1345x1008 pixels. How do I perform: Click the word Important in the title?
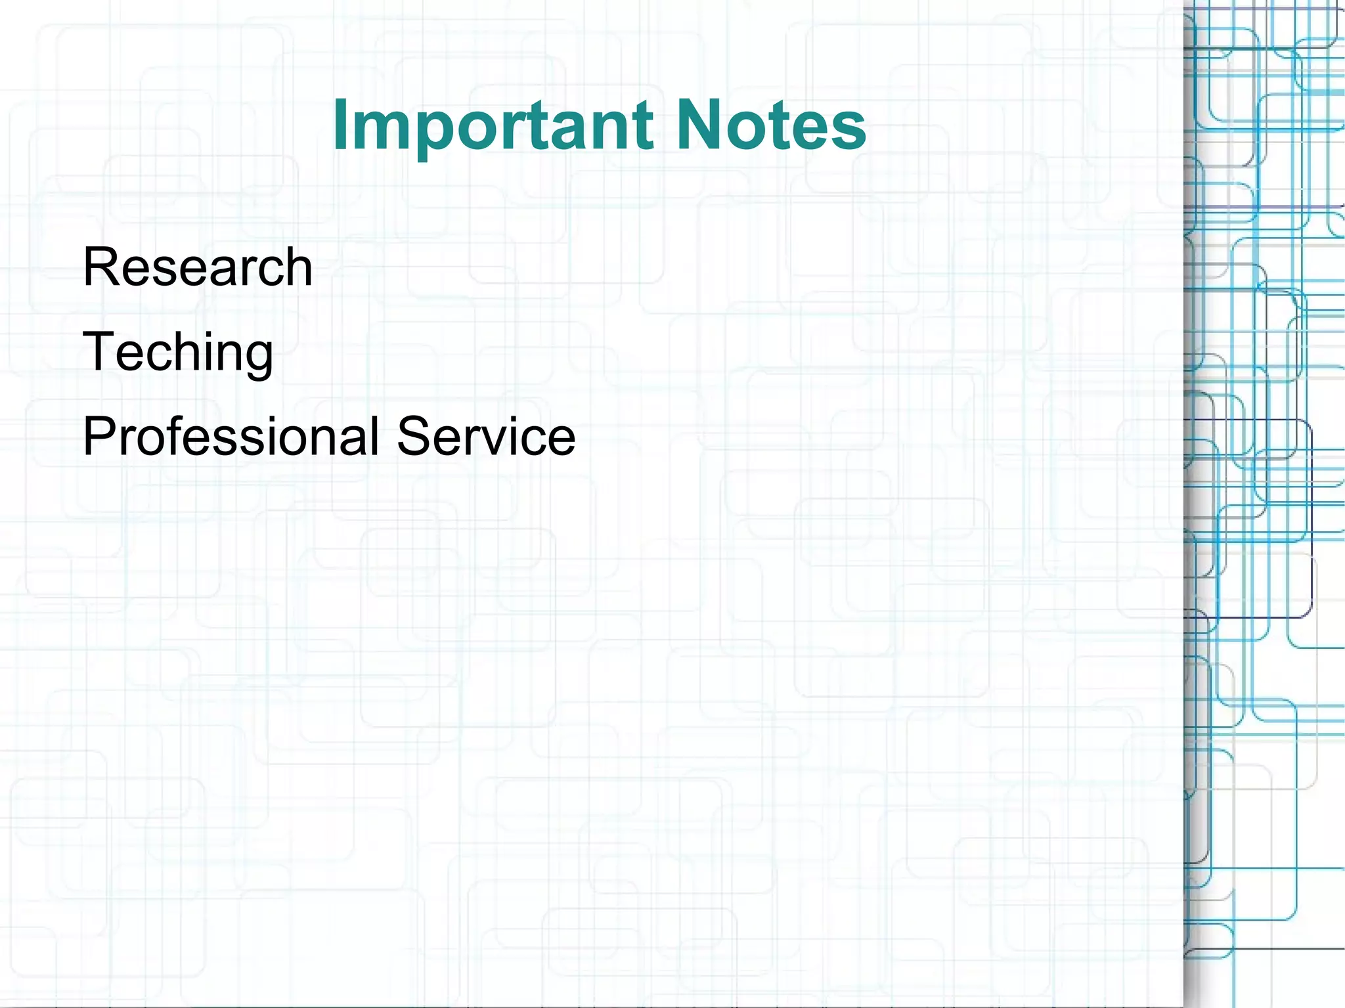click(493, 125)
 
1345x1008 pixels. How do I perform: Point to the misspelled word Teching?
click(177, 352)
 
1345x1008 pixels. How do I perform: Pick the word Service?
click(486, 436)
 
